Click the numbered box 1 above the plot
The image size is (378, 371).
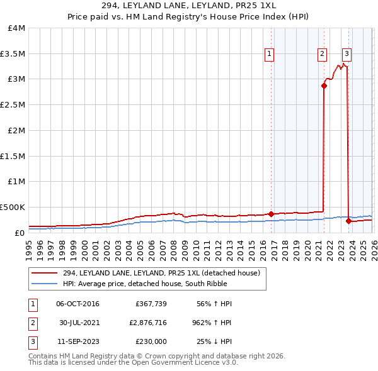click(270, 54)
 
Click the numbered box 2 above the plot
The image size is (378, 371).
click(322, 54)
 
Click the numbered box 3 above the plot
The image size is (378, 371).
click(347, 54)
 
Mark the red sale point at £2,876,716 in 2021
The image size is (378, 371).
click(324, 86)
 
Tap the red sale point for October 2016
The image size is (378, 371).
click(271, 214)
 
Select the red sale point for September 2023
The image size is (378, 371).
click(348, 221)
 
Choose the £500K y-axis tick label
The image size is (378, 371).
click(13, 207)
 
